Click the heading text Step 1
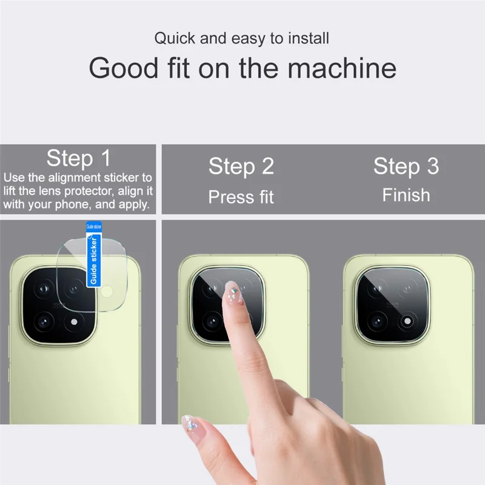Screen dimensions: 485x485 (x=79, y=158)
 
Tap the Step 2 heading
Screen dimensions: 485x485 (x=241, y=166)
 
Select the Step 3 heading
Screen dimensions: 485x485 (x=406, y=166)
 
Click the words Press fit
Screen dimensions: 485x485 (x=241, y=197)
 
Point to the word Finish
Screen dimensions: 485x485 (x=406, y=195)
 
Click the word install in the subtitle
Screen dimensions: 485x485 (x=307, y=39)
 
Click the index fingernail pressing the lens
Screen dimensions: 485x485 (x=231, y=292)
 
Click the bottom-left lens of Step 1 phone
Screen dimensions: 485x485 (x=46, y=319)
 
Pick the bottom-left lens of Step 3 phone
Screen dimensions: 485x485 (x=379, y=319)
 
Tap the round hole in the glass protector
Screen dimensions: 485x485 (x=107, y=293)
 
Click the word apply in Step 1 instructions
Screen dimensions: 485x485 (x=133, y=204)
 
